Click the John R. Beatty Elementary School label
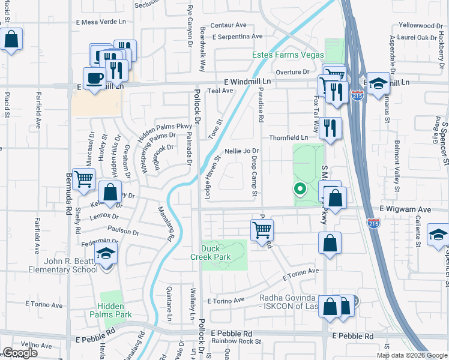[x=62, y=265]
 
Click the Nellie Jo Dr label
[x=241, y=151]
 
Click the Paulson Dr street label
[x=124, y=230]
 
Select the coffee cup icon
[x=95, y=78]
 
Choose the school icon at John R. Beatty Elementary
[x=106, y=254]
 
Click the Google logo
[x=20, y=353]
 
